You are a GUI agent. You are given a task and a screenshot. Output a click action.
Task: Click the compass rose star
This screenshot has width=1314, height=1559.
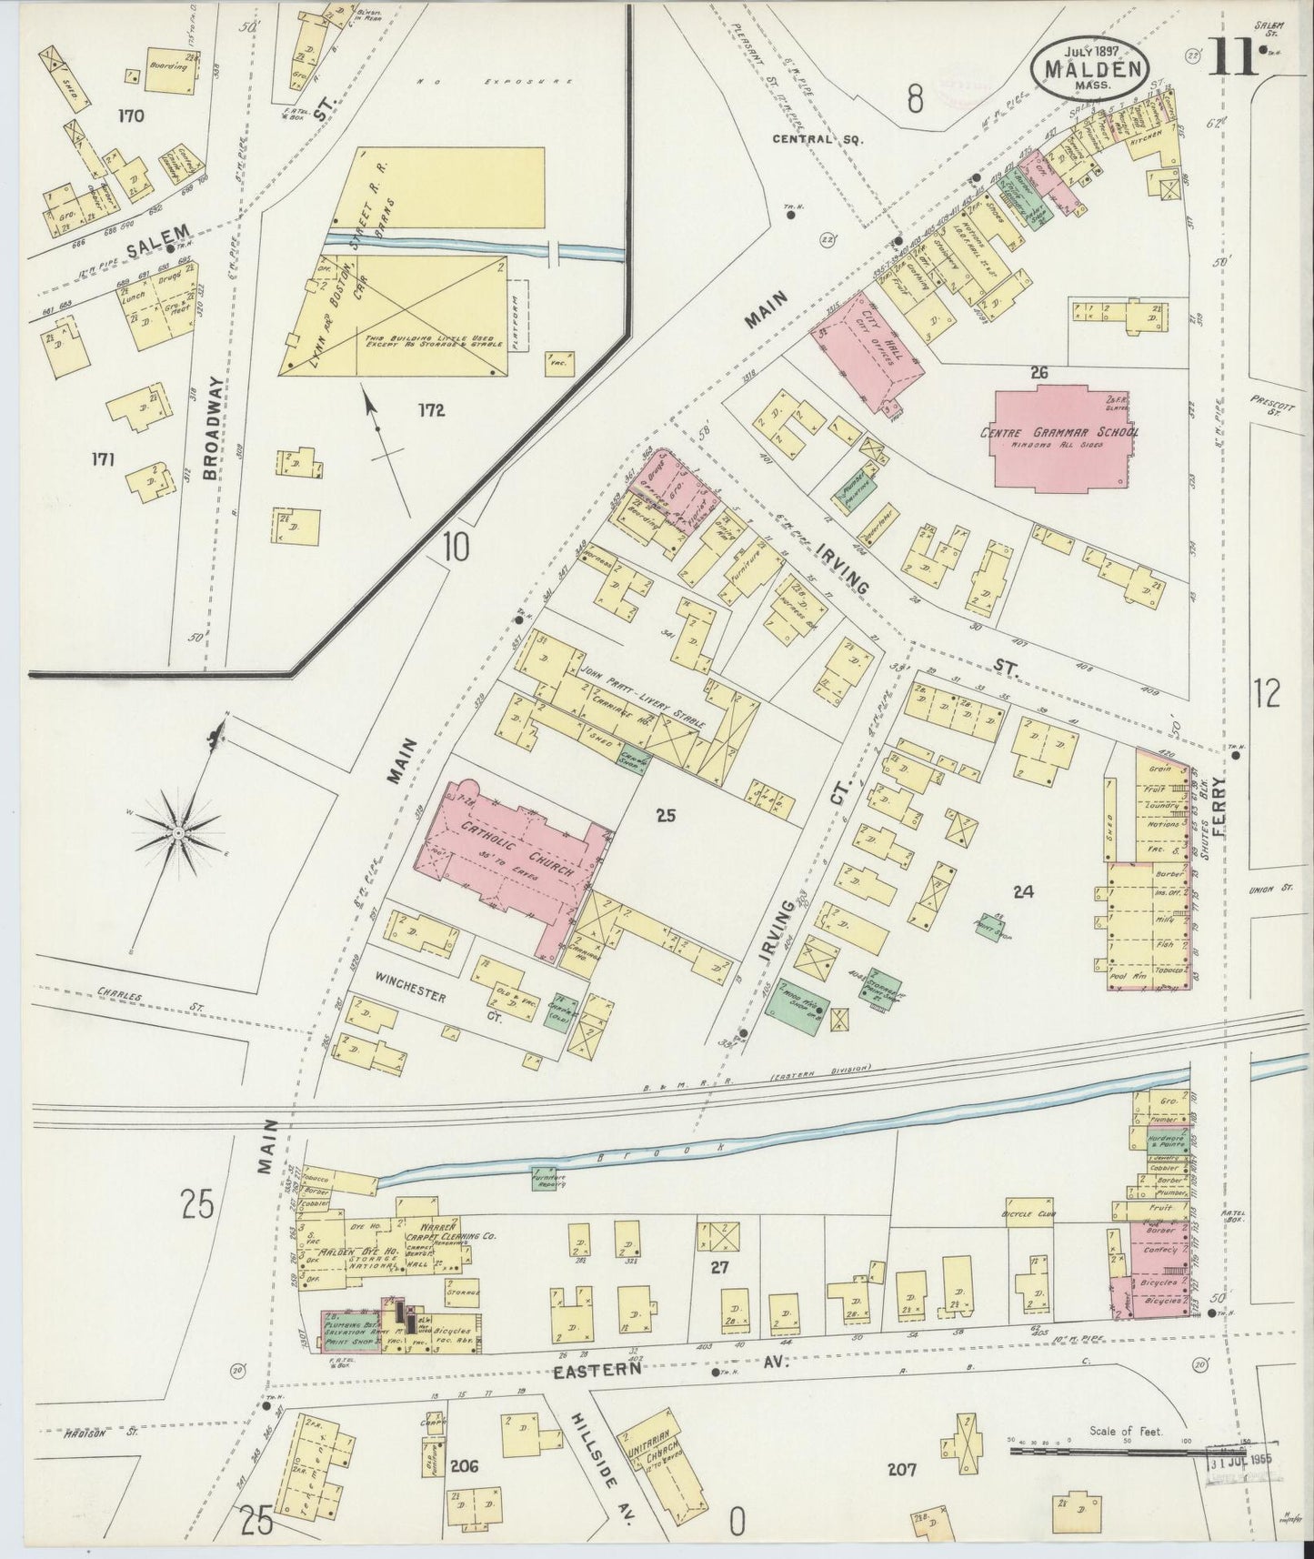click(x=178, y=831)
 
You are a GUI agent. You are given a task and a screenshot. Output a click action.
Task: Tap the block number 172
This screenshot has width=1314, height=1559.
click(x=431, y=410)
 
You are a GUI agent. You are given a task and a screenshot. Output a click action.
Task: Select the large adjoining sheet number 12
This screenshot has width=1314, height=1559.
click(x=1266, y=693)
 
